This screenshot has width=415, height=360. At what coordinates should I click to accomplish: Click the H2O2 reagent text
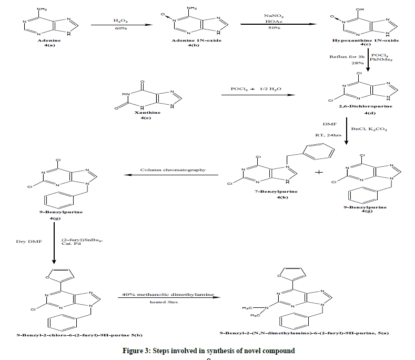point(120,20)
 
